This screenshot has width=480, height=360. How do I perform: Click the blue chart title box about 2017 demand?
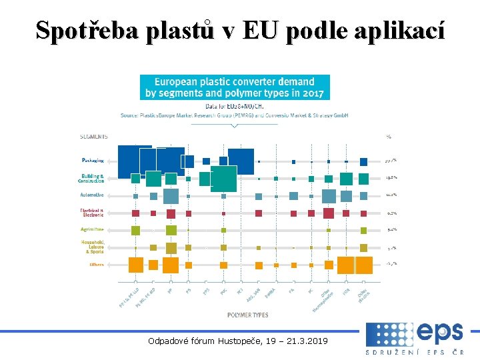coord(235,87)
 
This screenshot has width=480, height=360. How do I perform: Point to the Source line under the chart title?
coord(235,115)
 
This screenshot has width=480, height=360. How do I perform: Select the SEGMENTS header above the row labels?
coord(93,136)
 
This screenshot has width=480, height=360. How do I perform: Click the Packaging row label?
coord(93,161)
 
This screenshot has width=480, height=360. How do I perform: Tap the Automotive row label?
coord(92,195)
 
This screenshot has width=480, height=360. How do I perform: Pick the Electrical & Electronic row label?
coord(92,213)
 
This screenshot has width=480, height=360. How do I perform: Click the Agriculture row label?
coord(92,229)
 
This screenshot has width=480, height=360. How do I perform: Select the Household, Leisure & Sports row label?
coord(92,247)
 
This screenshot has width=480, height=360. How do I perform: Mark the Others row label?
coord(96,265)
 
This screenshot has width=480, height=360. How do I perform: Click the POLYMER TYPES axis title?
coord(248,314)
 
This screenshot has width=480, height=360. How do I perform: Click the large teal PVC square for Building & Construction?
coord(223,179)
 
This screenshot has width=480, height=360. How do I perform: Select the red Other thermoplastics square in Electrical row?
coord(328,213)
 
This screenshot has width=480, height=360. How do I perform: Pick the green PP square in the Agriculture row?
coord(171,230)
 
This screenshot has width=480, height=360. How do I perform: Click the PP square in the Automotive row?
coord(171,196)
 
